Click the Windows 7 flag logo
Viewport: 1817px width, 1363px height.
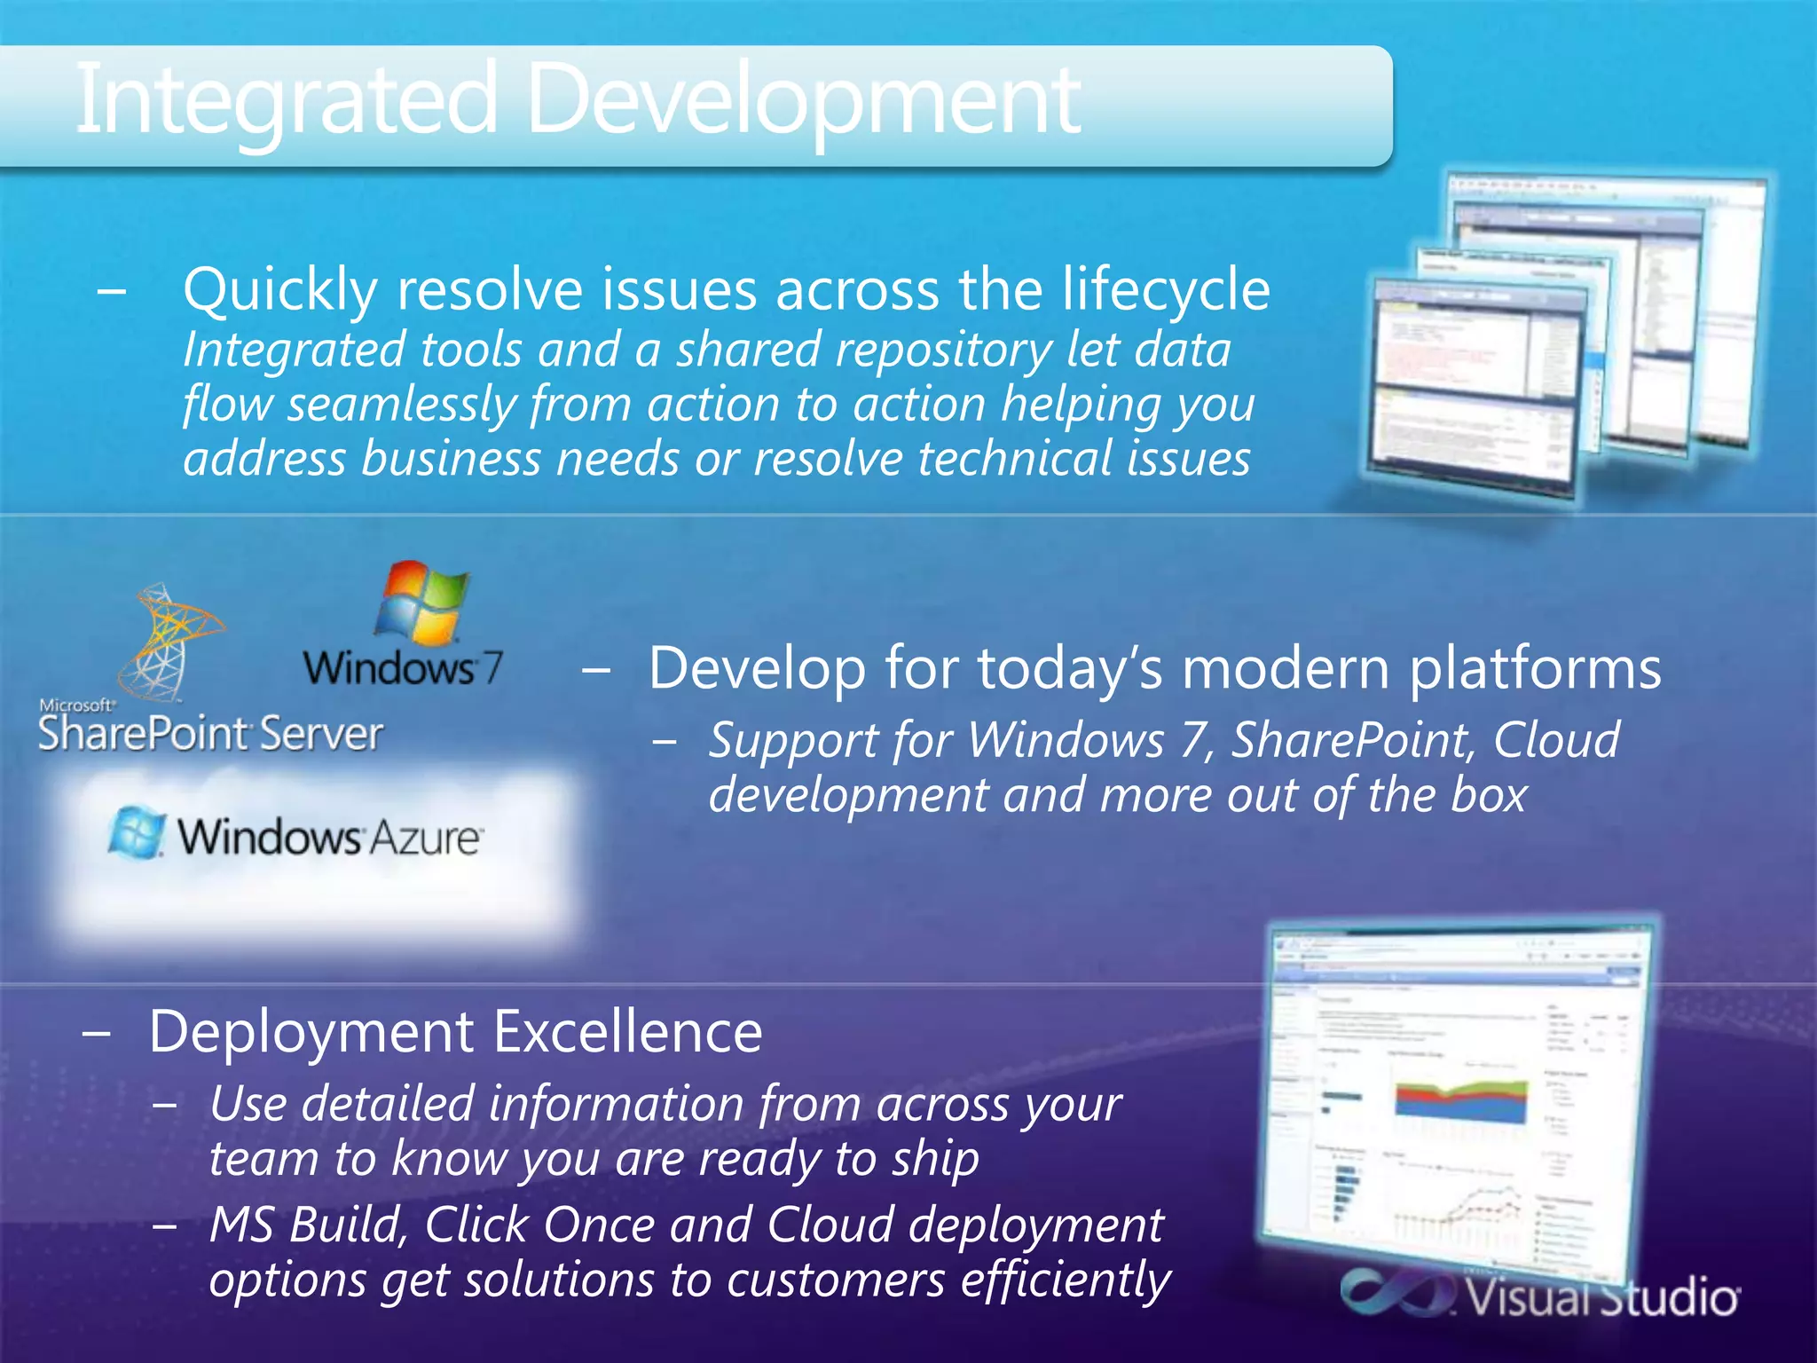click(421, 603)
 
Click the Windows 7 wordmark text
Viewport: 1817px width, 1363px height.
click(403, 667)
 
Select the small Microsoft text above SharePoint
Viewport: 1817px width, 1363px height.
click(76, 705)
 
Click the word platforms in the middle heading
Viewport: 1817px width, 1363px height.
click(1535, 669)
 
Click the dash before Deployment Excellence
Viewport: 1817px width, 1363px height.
click(96, 1034)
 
